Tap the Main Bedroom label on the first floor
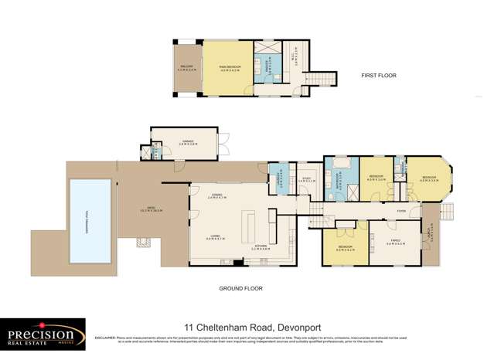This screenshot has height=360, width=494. (x=227, y=68)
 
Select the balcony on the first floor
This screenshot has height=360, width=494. (x=187, y=68)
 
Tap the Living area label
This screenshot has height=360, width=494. (x=216, y=239)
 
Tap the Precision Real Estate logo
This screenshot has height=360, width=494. (x=43, y=335)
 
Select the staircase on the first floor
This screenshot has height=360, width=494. (x=319, y=79)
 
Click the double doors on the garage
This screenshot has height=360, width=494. (x=223, y=142)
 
